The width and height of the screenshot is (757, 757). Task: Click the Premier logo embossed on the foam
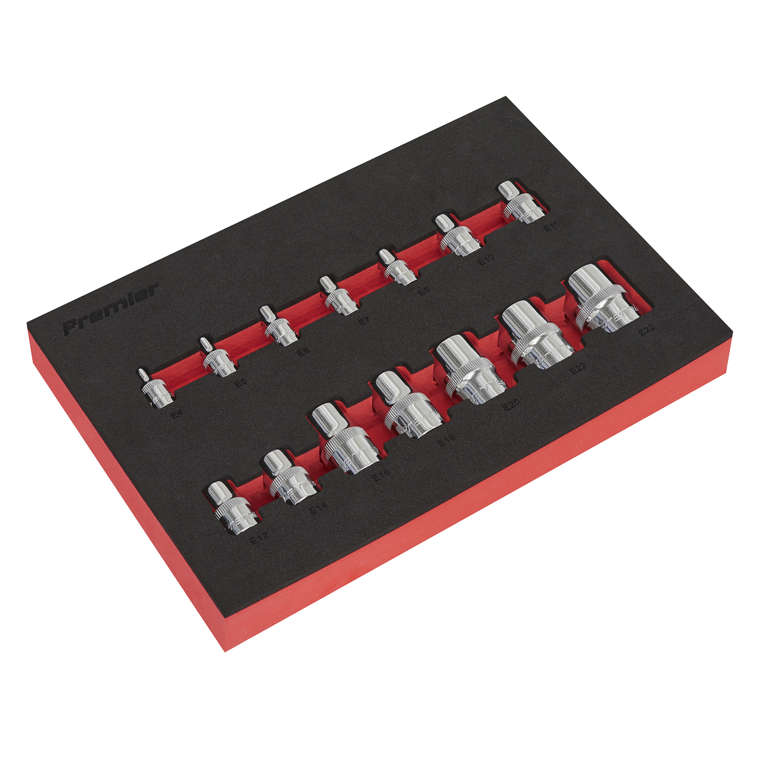[x=110, y=310]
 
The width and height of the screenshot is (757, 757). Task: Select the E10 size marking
[x=485, y=259]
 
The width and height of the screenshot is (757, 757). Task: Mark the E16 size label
[x=381, y=474]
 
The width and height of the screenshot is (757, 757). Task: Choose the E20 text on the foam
[x=510, y=407]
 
